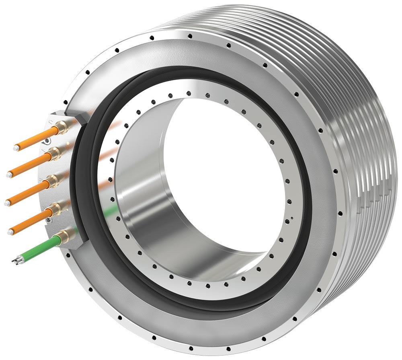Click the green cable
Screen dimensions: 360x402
[38, 248]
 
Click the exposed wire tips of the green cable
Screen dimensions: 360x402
[16, 260]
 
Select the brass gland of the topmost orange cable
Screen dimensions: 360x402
[63, 128]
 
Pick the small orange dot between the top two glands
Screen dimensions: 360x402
[68, 143]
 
